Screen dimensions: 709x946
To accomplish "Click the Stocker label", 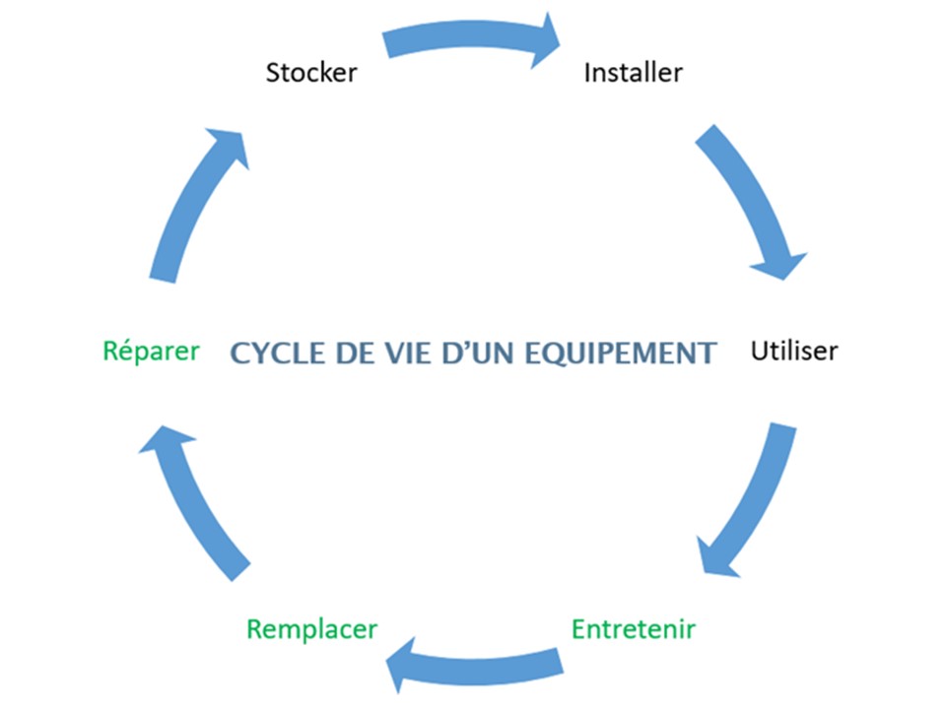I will pyautogui.click(x=311, y=73).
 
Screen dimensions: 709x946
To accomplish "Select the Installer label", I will pyautogui.click(x=633, y=73).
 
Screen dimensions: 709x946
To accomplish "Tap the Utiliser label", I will pyautogui.click(x=794, y=351).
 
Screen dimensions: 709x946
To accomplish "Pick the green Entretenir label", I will pyautogui.click(x=634, y=628).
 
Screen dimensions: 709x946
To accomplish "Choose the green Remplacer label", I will pyautogui.click(x=311, y=628).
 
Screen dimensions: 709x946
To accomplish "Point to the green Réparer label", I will pyautogui.click(x=152, y=351).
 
